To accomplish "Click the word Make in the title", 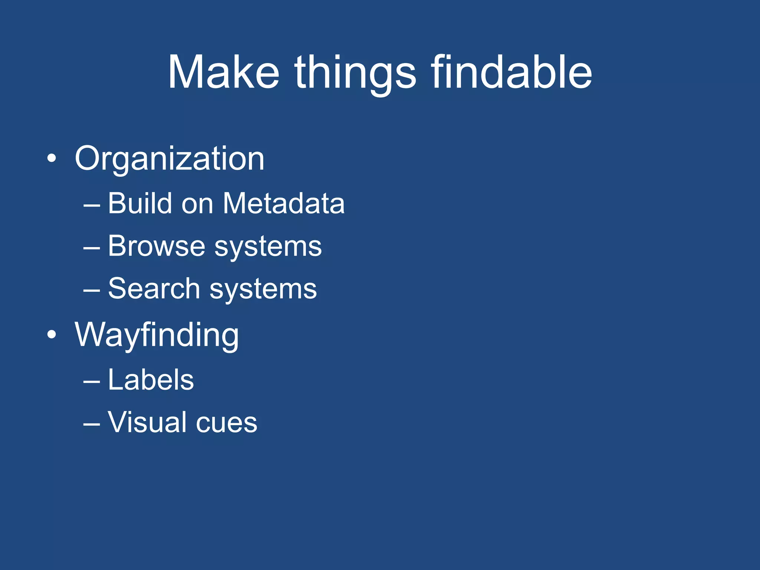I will click(x=223, y=72).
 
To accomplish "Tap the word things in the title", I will click(x=355, y=72).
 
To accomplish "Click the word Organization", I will click(x=170, y=159).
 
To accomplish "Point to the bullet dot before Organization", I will click(x=52, y=159).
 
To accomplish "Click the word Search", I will click(x=154, y=289).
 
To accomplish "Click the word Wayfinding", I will click(x=157, y=335).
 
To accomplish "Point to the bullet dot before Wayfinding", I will click(x=52, y=335).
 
